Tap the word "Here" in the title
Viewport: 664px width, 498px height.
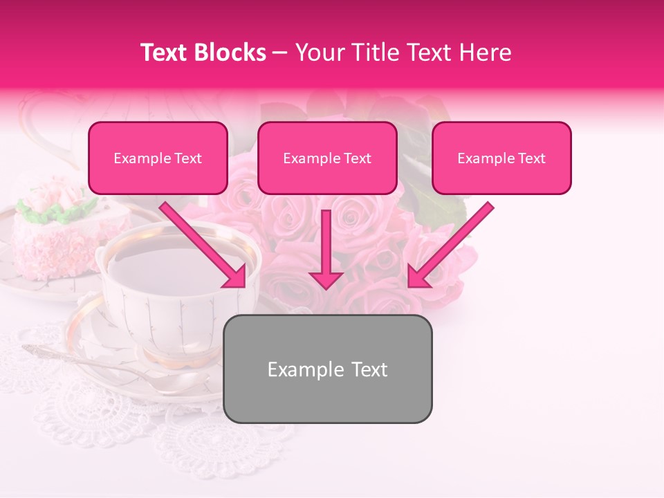tap(483, 53)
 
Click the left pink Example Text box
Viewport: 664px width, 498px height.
tap(158, 158)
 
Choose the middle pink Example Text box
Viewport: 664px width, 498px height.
tap(327, 158)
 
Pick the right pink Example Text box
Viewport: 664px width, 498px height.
tap(501, 158)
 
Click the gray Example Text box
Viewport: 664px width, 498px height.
tap(328, 369)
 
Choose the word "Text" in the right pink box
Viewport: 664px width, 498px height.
tap(531, 158)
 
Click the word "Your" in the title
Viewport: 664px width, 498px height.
tap(315, 53)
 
